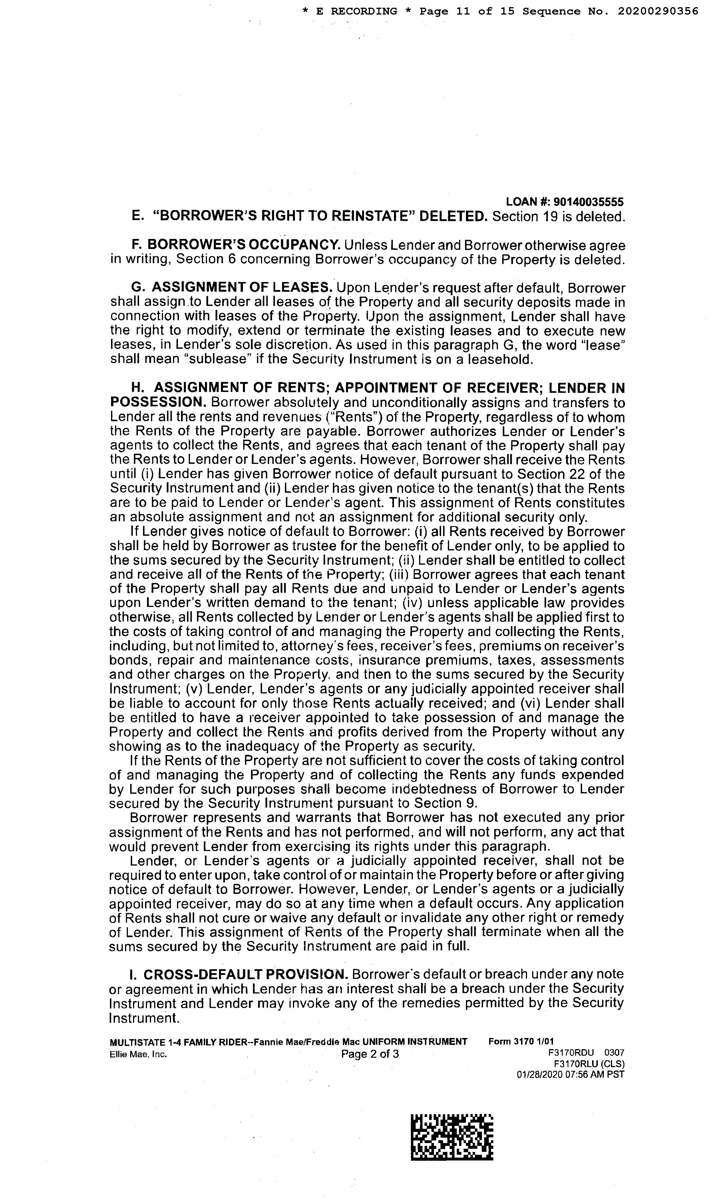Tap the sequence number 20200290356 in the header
658,11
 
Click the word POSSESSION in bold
159,403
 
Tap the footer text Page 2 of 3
370,1054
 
